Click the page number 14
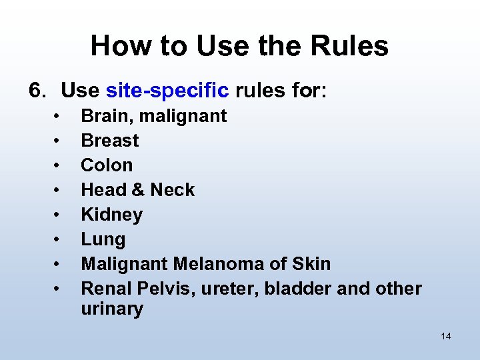tap(446, 336)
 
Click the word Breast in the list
tap(110, 141)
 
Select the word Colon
tap(107, 165)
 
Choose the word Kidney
tap(111, 215)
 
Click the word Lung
tap(103, 239)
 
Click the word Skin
tap(311, 264)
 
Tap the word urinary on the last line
tap(111, 309)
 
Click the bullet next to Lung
tap(59, 239)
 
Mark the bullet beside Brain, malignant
tap(59, 116)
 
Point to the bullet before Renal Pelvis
tap(59, 289)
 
